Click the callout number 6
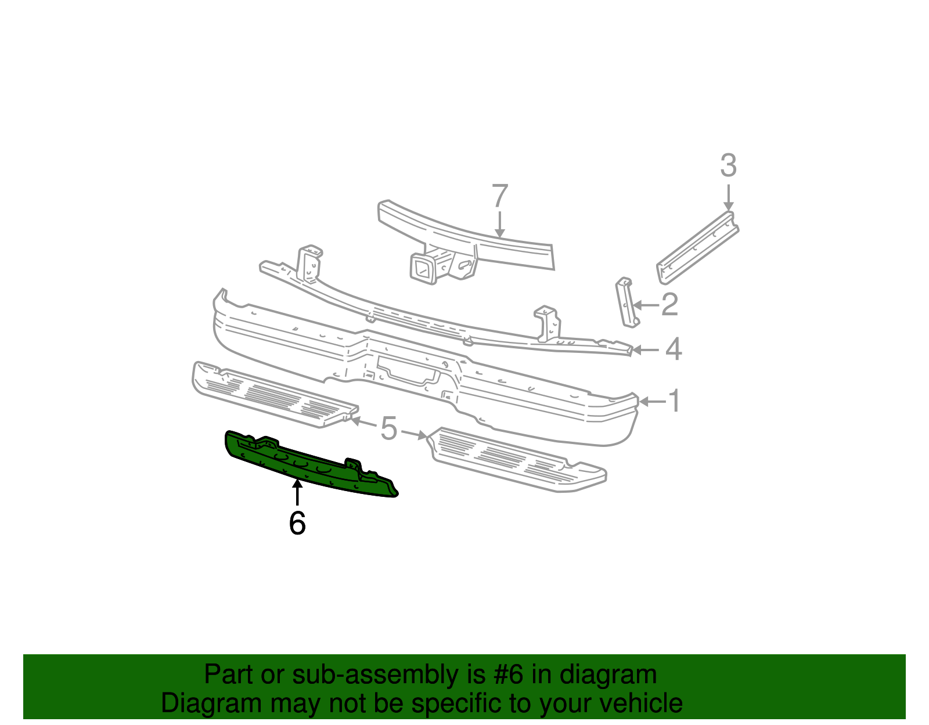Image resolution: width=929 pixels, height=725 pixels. [x=297, y=523]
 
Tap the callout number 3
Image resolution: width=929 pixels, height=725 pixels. [x=728, y=165]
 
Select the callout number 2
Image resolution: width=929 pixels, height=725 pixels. [x=669, y=305]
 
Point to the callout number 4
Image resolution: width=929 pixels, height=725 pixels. [x=673, y=349]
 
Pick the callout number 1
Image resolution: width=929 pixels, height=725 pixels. [x=674, y=401]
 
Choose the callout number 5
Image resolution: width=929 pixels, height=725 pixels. [x=388, y=429]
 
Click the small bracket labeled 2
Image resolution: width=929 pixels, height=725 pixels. [x=625, y=302]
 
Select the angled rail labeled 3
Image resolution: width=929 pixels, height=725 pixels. [x=697, y=248]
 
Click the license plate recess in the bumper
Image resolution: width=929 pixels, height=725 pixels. [x=406, y=369]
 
